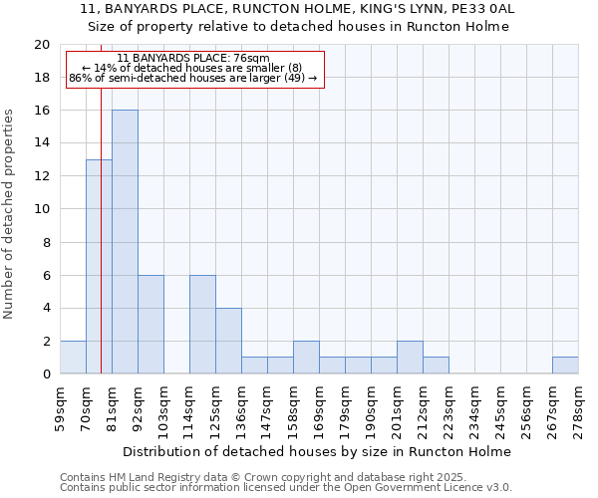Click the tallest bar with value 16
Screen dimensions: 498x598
click(125, 242)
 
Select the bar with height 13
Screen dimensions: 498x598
click(99, 267)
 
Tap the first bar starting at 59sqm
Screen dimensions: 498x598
click(73, 358)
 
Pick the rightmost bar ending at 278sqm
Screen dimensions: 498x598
click(565, 366)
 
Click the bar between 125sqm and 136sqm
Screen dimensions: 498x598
click(228, 341)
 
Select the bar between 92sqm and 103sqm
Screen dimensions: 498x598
click(150, 325)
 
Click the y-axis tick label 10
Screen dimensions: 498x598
click(41, 209)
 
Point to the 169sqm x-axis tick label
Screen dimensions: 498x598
click(320, 406)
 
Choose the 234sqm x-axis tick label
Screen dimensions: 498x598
click(475, 406)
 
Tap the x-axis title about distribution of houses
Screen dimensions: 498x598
click(318, 451)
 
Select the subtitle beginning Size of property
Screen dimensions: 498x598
click(298, 27)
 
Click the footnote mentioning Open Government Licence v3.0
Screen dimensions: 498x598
click(286, 487)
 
